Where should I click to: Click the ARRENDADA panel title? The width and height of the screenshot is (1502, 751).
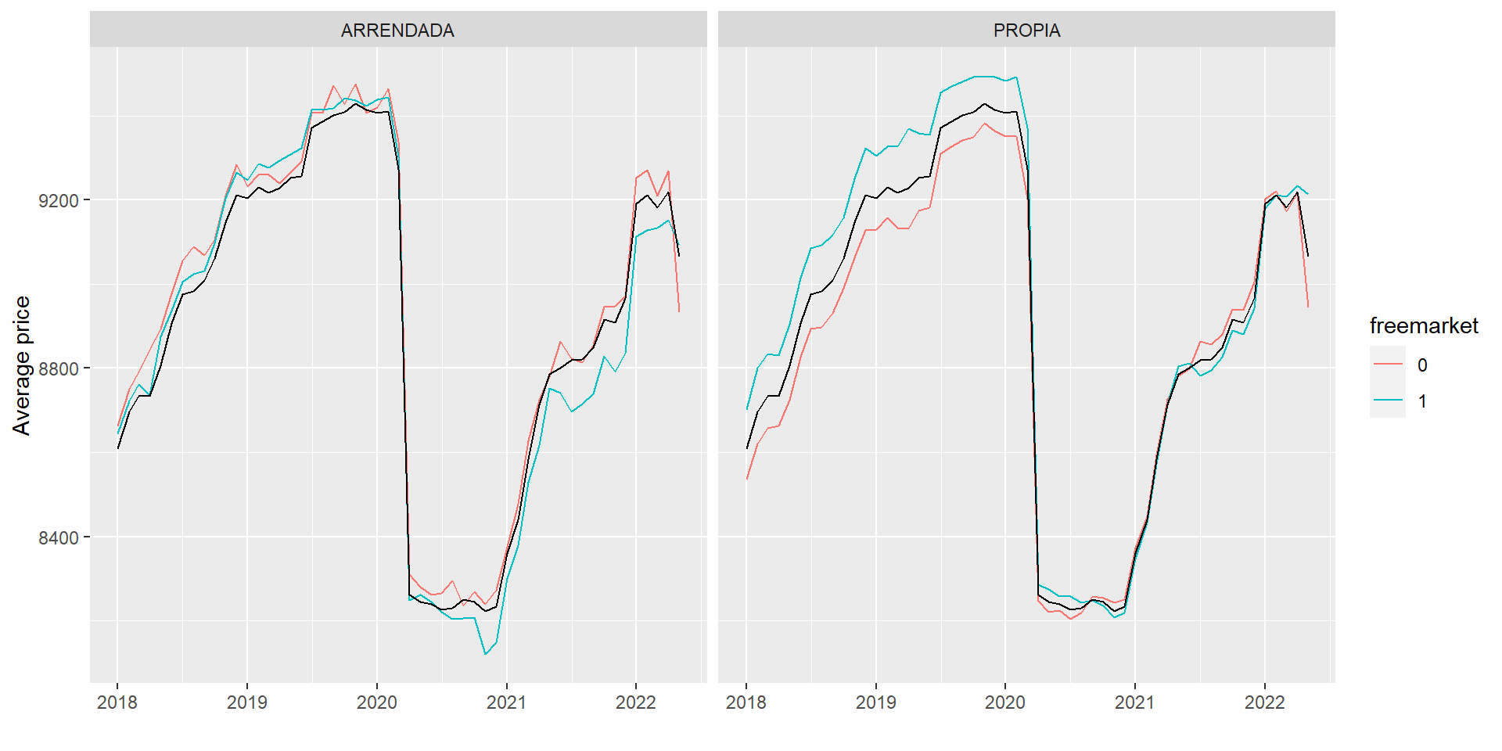[397, 31]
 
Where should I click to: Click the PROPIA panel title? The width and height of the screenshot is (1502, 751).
[1026, 31]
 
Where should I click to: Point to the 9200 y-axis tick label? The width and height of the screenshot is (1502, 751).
[59, 201]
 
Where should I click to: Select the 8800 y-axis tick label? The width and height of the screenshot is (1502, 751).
[59, 369]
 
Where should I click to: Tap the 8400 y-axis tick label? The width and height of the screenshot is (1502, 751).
[59, 538]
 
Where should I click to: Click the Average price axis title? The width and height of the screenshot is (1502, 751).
[22, 365]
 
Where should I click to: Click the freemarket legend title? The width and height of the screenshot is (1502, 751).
[1424, 325]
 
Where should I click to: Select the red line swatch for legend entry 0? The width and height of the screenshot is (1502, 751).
[1387, 365]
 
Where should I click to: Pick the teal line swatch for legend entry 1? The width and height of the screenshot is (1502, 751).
[1387, 401]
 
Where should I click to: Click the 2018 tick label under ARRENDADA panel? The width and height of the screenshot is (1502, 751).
[117, 702]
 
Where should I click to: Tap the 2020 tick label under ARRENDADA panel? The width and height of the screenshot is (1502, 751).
[377, 702]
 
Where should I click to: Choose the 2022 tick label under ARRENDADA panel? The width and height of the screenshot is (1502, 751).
[636, 702]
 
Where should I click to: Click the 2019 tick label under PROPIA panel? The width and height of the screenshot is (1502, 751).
[875, 702]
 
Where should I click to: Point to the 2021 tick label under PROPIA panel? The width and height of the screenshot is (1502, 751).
[1134, 702]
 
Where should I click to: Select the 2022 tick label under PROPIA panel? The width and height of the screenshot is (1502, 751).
[1264, 702]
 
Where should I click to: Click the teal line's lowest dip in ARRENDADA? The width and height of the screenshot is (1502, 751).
[485, 654]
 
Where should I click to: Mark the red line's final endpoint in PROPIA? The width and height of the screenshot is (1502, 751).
[1308, 307]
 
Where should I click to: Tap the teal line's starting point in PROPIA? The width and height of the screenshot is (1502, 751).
[747, 408]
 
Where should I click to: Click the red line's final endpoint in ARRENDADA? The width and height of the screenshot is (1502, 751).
[679, 311]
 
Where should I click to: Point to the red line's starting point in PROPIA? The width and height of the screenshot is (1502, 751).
[747, 479]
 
